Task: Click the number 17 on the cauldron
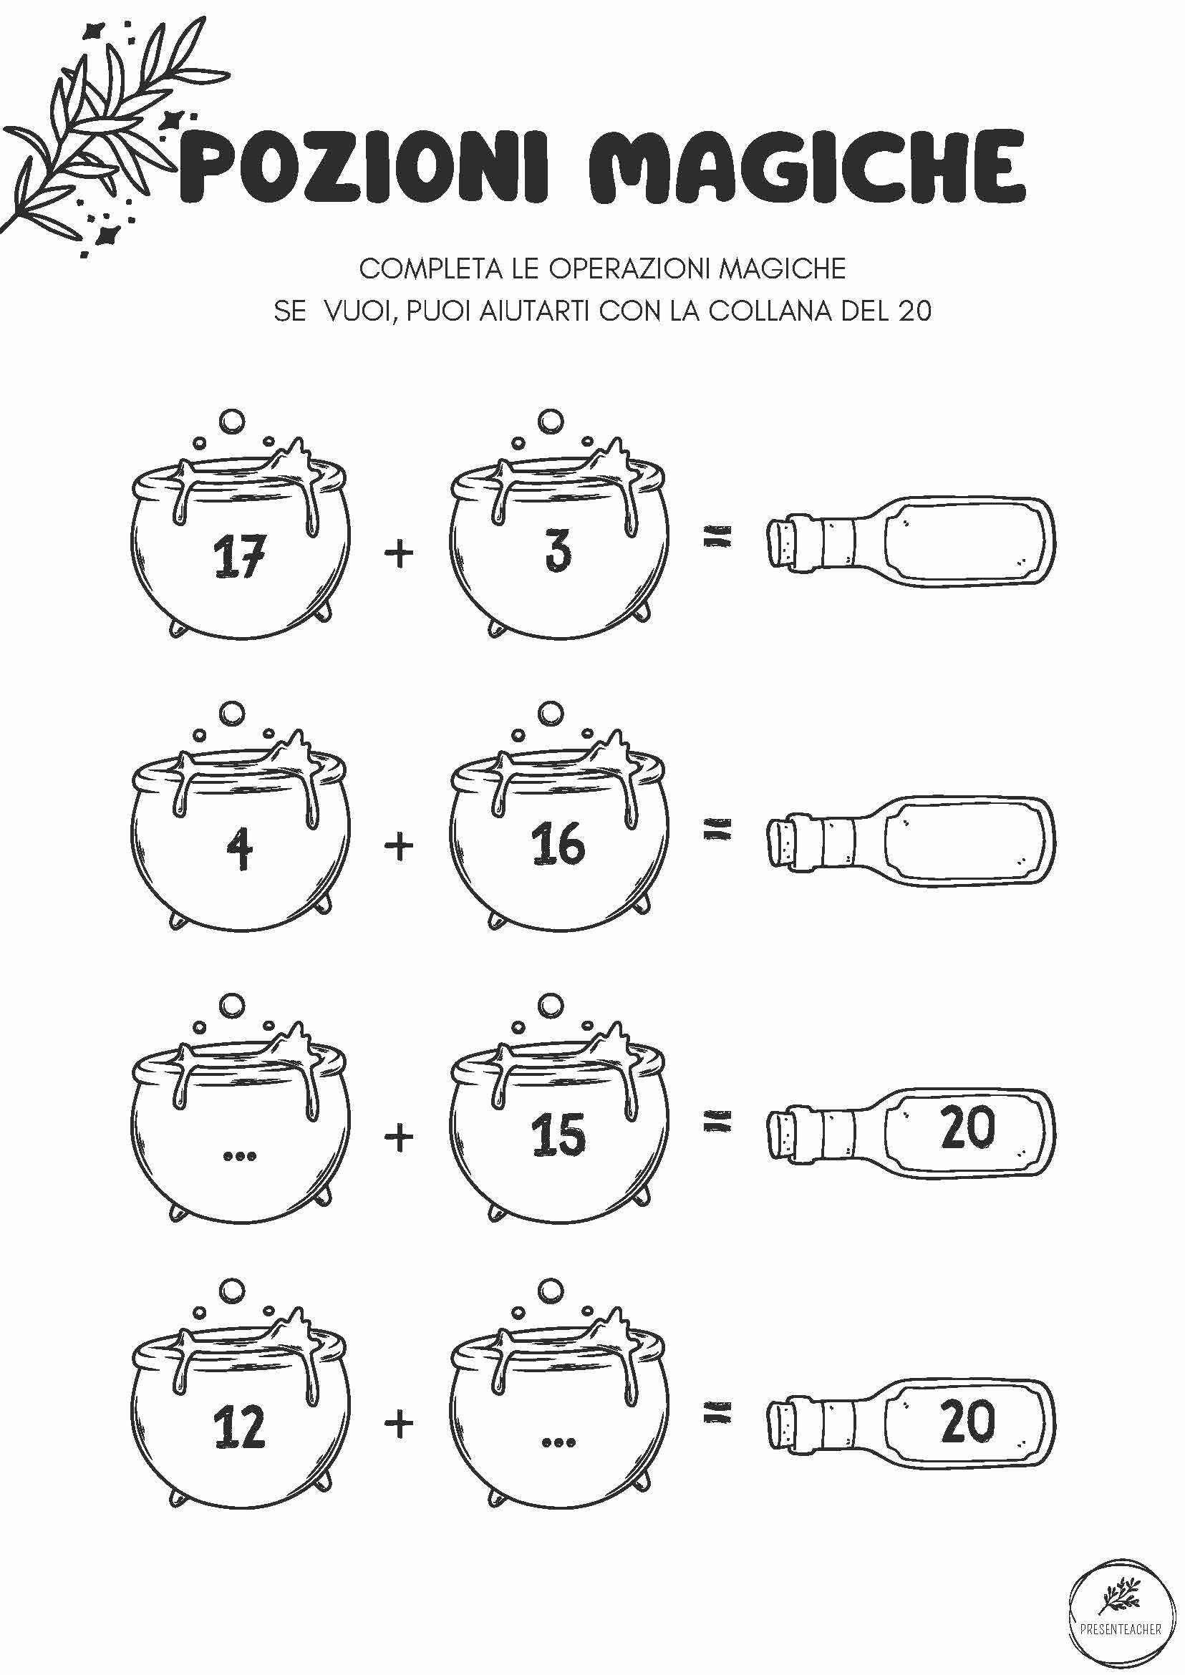point(239,556)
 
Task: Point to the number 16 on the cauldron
point(558,843)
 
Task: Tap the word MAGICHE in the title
point(807,166)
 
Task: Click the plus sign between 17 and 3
point(399,554)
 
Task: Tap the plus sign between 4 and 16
point(399,846)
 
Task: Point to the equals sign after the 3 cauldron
point(717,538)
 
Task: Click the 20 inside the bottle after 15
point(967,1127)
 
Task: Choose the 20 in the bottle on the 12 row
point(967,1419)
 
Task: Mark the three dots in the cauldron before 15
point(239,1155)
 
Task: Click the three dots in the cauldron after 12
point(559,1442)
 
